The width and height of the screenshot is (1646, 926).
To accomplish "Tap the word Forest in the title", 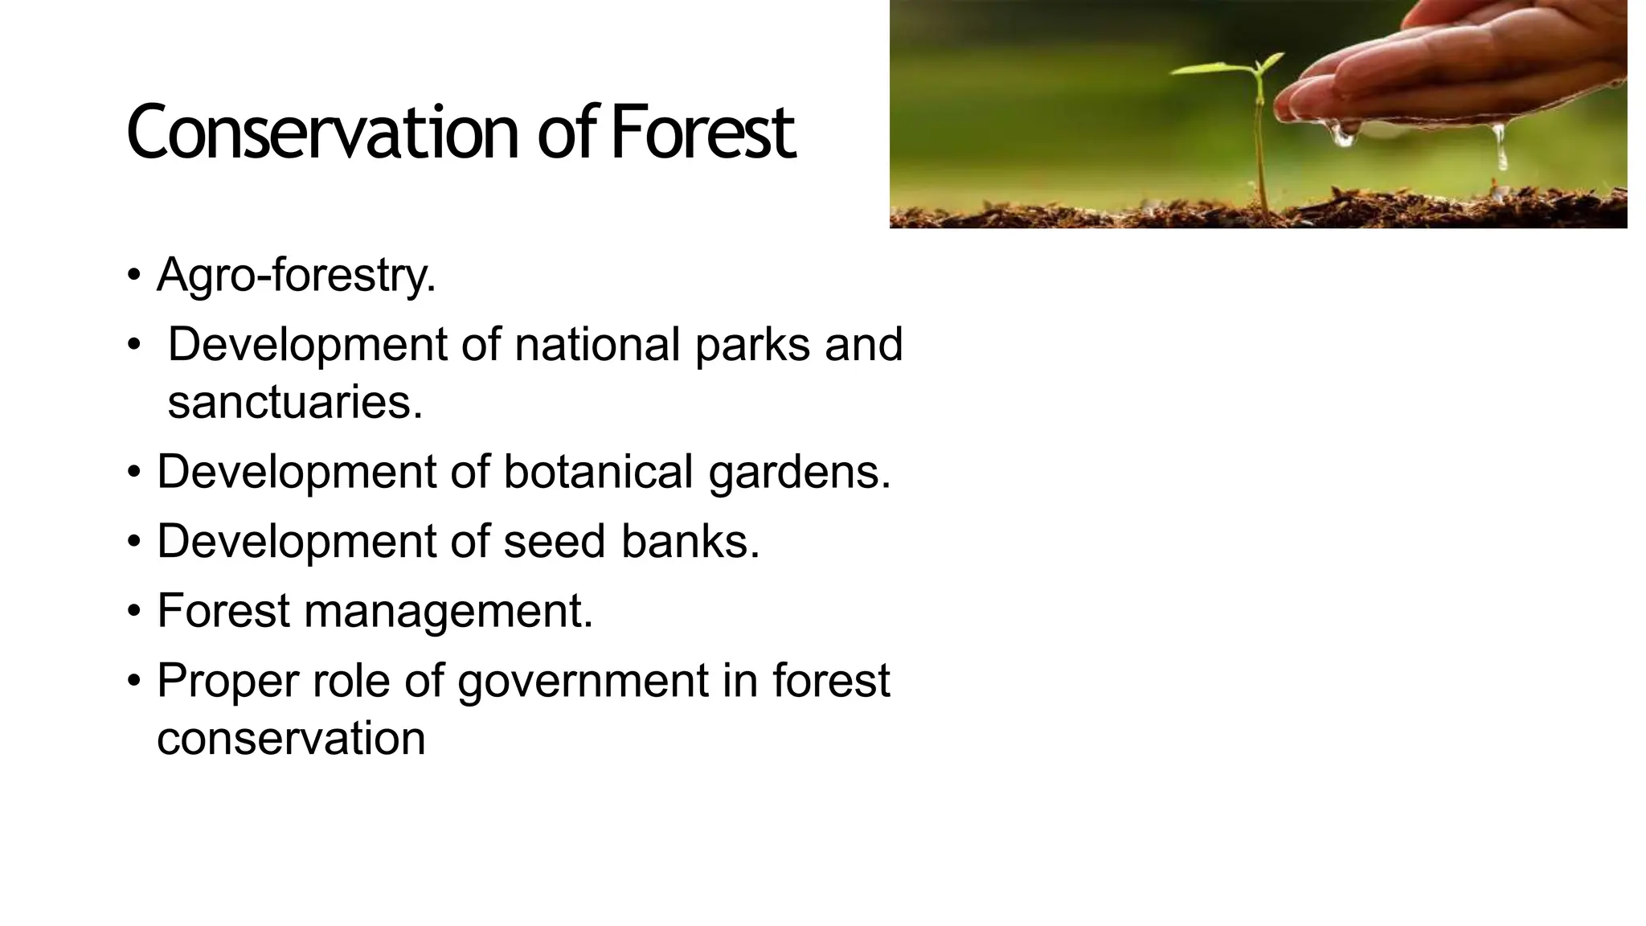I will point(702,133).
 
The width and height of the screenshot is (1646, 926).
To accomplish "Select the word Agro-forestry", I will point(296,275).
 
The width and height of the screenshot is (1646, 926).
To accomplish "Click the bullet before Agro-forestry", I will point(133,276).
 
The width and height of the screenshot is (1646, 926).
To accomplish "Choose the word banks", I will point(690,541).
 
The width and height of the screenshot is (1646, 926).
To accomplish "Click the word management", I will point(448,611).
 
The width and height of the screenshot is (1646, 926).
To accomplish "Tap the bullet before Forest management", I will point(133,612).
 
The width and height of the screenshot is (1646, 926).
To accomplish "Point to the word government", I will point(583,681).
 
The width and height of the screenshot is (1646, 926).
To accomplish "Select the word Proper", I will point(227,681).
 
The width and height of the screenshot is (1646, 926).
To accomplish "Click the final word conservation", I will point(291,738).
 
